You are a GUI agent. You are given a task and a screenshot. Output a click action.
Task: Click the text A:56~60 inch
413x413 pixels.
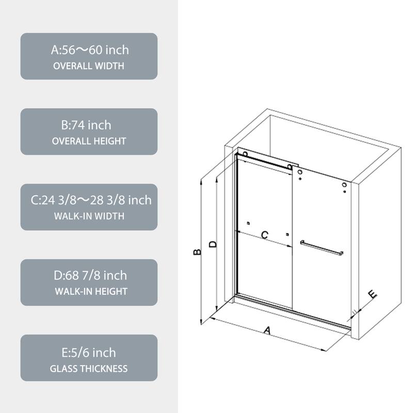89,51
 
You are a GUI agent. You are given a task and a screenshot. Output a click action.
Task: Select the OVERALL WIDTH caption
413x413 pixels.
89,66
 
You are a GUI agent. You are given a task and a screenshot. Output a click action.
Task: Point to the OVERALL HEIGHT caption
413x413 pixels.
89,141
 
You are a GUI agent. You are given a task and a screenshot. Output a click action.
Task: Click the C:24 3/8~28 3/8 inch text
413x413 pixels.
89,200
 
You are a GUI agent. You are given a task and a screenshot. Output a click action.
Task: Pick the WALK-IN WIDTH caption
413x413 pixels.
89,216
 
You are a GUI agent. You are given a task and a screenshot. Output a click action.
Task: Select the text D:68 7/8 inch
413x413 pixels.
89,276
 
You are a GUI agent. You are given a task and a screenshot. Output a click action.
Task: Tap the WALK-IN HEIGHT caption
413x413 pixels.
89,291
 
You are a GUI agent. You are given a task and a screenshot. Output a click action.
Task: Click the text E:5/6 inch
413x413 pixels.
89,353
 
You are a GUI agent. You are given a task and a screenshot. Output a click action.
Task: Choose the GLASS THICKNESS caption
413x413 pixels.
89,369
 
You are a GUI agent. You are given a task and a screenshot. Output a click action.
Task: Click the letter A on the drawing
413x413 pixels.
267,331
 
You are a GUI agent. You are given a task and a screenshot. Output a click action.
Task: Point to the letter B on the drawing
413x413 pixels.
197,252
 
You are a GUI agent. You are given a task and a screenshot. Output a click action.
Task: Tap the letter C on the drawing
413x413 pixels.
264,235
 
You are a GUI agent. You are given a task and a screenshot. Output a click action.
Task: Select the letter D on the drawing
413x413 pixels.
212,244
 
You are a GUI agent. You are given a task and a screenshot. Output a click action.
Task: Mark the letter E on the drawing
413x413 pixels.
372,295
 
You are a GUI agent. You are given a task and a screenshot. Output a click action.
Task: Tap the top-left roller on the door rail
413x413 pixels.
244,154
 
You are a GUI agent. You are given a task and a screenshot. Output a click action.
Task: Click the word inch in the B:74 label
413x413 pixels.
99,125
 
